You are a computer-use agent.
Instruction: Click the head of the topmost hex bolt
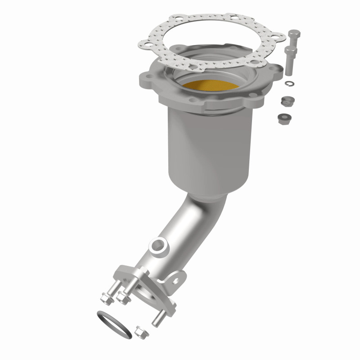click(x=293, y=34)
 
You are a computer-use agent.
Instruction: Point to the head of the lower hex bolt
click(x=290, y=49)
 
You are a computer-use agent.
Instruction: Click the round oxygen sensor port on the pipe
click(x=158, y=246)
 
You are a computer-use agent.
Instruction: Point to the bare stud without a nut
click(x=158, y=318)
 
